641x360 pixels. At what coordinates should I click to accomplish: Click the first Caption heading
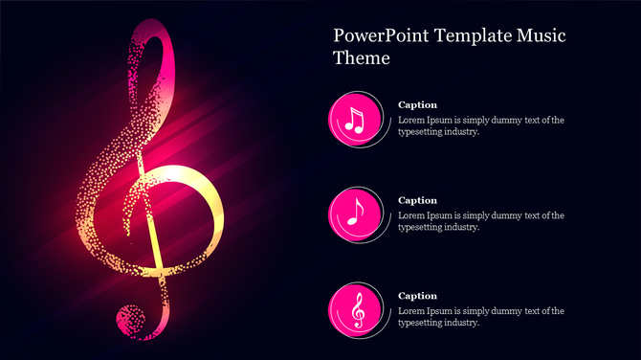coord(417,104)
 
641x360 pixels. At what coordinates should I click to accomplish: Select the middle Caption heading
coord(417,200)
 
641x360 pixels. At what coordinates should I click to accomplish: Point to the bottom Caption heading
coord(417,296)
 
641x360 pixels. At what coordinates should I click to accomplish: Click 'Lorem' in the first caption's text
coord(411,120)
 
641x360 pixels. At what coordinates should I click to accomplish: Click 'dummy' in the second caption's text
coord(505,215)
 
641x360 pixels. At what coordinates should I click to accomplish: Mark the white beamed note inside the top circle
coord(355,119)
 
